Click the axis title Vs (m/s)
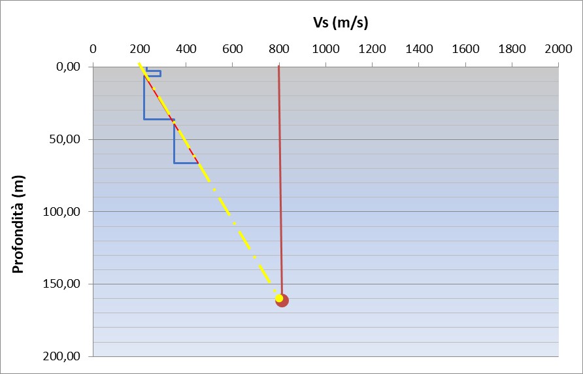tap(340, 24)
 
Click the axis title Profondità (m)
tap(19, 224)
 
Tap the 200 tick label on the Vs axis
tap(139, 48)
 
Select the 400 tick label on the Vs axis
tap(186, 48)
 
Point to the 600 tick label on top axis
tap(233, 48)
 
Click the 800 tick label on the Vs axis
tap(279, 48)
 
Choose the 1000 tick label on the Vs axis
tap(325, 48)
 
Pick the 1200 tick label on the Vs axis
tap(372, 48)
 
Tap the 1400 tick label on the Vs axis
tap(419, 48)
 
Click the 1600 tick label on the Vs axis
tap(465, 48)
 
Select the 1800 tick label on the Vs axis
tap(512, 48)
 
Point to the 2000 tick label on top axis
tap(558, 48)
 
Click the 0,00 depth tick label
tap(69, 67)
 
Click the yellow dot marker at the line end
tap(279, 298)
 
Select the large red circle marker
tap(283, 301)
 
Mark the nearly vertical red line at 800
tap(280, 183)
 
